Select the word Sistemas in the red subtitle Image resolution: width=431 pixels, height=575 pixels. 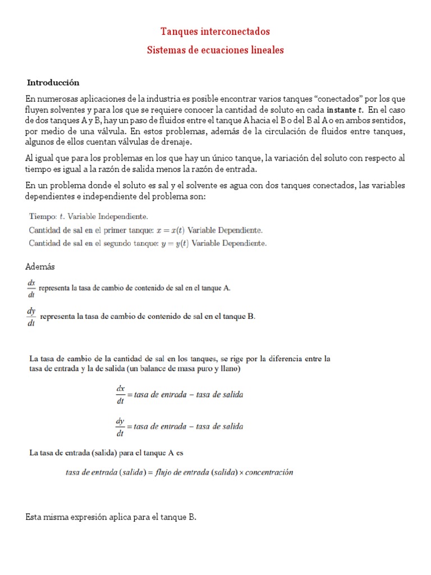(164, 50)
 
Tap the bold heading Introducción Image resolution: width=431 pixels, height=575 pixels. (54, 82)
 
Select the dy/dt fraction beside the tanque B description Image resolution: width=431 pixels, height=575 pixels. (32, 317)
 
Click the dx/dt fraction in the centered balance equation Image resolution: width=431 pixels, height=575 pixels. (120, 395)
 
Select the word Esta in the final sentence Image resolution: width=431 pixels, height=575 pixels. (34, 517)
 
